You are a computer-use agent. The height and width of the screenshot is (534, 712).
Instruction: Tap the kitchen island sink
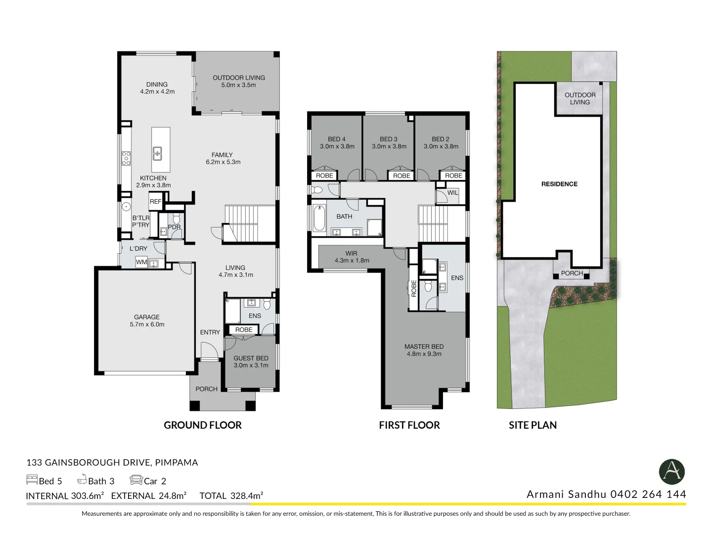click(157, 153)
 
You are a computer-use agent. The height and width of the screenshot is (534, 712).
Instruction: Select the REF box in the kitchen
click(156, 202)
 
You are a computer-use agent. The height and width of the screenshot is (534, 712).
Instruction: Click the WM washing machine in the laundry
click(141, 262)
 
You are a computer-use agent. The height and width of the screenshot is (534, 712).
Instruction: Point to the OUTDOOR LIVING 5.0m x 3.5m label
click(239, 81)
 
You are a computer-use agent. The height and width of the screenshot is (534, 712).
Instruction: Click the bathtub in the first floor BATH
click(319, 218)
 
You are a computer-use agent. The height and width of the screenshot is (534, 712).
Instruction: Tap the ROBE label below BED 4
click(324, 176)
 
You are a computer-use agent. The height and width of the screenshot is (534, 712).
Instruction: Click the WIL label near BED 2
click(452, 193)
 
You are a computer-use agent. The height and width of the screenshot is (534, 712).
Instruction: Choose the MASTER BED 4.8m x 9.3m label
click(424, 350)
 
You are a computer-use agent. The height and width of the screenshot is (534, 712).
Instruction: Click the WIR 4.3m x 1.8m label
click(352, 257)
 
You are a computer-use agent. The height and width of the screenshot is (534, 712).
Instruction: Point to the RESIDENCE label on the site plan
click(559, 184)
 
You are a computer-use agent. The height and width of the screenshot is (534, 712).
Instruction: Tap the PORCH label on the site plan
click(572, 273)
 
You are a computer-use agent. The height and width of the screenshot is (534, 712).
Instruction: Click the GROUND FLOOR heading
click(203, 425)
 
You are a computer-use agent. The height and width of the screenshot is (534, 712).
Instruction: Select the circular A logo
click(671, 472)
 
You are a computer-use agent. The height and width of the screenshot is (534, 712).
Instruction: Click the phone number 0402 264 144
click(648, 494)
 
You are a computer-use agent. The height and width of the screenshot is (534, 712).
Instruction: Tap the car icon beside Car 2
click(136, 480)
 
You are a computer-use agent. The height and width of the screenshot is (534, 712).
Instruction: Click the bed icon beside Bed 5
click(32, 480)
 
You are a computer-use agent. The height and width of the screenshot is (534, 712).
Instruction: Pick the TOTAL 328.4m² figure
click(231, 495)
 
